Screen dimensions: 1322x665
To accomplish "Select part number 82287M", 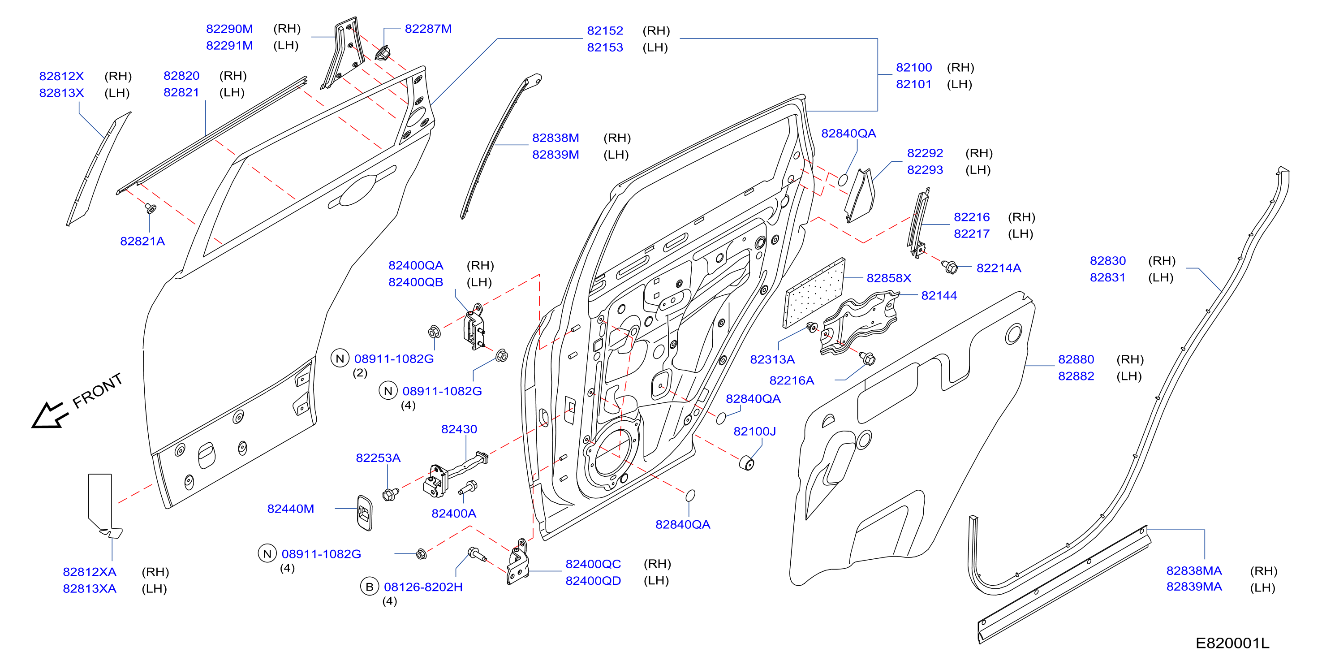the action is (x=428, y=29).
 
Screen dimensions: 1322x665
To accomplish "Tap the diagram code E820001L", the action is (x=1232, y=643).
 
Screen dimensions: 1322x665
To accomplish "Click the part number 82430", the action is (x=459, y=429).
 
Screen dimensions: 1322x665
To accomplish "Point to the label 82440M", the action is (x=290, y=509).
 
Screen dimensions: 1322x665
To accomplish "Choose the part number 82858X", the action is (x=889, y=278).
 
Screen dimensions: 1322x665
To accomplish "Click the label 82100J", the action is (x=754, y=432).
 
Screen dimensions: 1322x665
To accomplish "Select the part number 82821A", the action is (x=142, y=242).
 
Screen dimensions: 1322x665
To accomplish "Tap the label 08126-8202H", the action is (x=423, y=587).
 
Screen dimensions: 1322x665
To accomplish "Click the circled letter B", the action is (x=370, y=587).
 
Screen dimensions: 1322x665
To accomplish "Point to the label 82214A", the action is (x=999, y=268).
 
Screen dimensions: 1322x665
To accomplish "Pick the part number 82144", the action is (x=939, y=296).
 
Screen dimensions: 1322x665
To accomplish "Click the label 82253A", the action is (x=378, y=458).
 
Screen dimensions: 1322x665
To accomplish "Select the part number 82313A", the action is (x=772, y=359).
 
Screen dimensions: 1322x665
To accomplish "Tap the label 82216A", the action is (x=792, y=380).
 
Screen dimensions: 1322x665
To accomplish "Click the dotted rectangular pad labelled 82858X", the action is (x=814, y=293).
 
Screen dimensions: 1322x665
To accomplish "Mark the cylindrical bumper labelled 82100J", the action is (x=747, y=462).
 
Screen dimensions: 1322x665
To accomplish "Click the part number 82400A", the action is (x=454, y=514).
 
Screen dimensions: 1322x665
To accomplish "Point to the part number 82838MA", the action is (x=1194, y=571).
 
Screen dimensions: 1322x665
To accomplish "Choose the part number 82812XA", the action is (x=90, y=572).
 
